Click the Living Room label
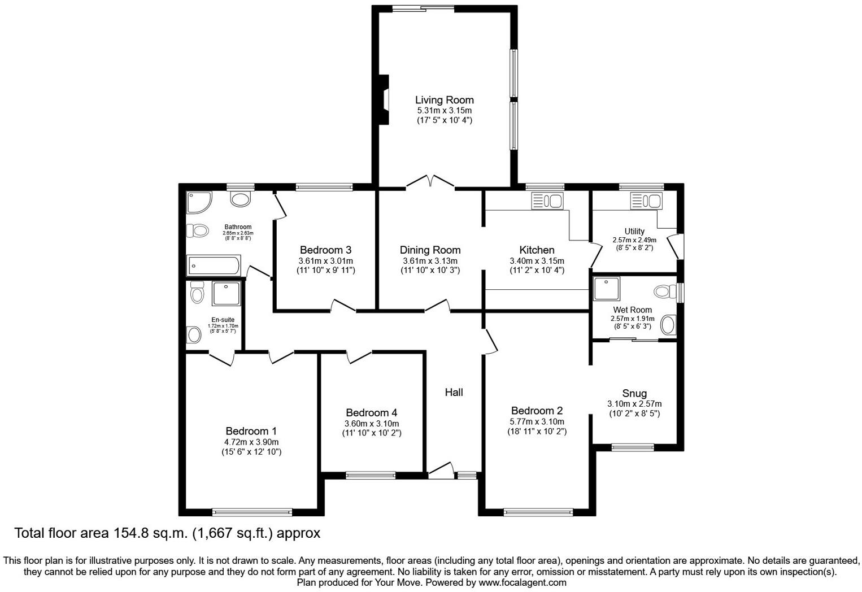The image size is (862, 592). (x=444, y=100)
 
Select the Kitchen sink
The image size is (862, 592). (x=547, y=201)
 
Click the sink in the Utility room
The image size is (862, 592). (x=647, y=201)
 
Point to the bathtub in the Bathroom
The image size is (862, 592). (x=214, y=265)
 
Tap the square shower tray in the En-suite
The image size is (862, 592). (x=226, y=294)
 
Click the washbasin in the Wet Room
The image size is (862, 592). (x=668, y=325)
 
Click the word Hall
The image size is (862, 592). (x=454, y=392)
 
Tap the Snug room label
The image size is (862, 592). (x=634, y=393)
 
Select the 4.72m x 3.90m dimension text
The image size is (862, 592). (x=251, y=442)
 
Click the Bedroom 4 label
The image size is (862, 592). (x=371, y=413)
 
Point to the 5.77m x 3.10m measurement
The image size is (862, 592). (x=536, y=421)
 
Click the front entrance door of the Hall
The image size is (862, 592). (x=441, y=471)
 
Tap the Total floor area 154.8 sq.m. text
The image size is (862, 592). (x=167, y=533)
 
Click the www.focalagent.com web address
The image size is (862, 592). (x=522, y=582)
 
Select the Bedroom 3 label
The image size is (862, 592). (x=325, y=250)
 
